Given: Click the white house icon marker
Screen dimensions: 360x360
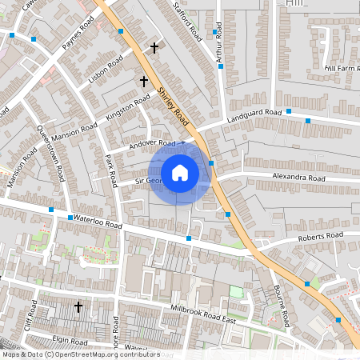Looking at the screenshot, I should click(x=180, y=172).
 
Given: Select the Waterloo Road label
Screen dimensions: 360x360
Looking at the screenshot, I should click(x=97, y=222).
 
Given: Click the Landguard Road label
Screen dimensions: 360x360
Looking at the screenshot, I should click(x=255, y=115).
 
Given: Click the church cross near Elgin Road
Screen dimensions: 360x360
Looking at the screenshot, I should click(x=78, y=306).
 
